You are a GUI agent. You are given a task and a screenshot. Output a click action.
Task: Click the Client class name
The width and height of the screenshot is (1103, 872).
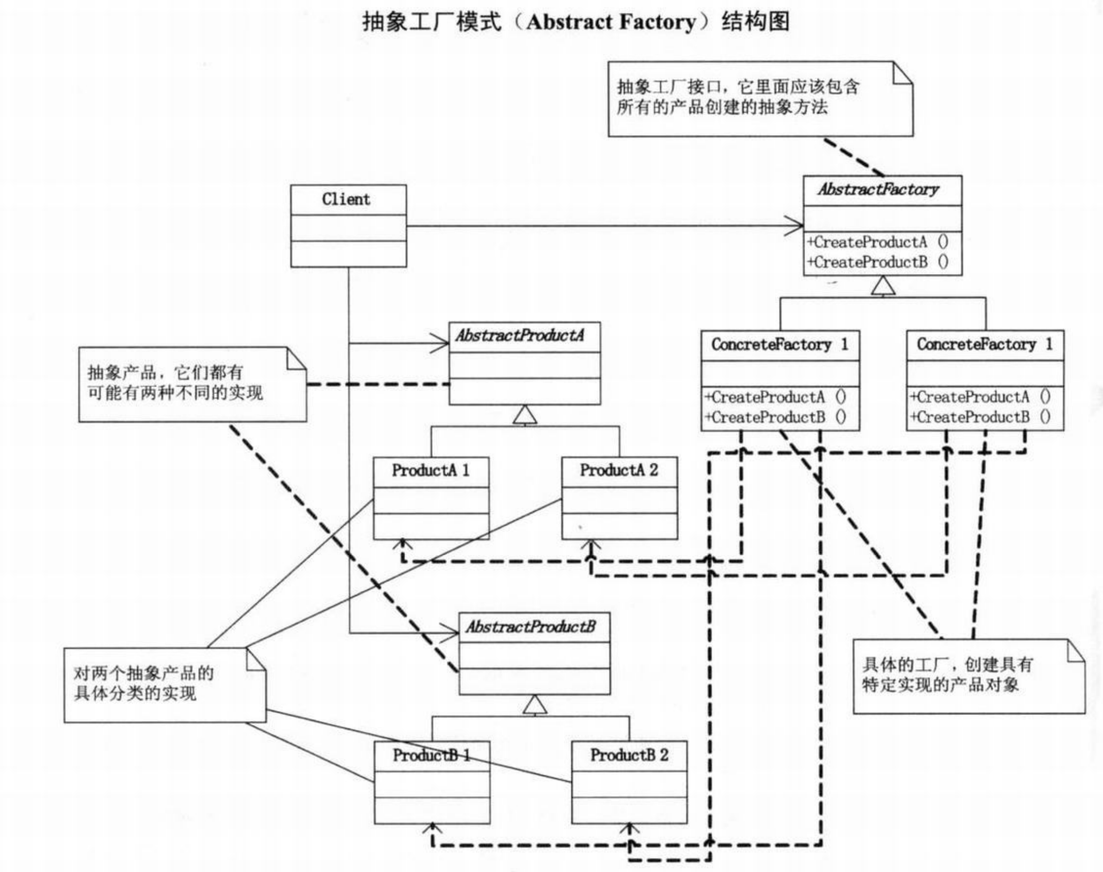pyautogui.click(x=346, y=199)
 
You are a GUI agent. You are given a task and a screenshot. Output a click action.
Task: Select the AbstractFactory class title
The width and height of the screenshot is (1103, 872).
pyautogui.click(x=879, y=190)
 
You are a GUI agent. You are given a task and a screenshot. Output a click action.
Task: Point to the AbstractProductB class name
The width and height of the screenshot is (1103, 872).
pyautogui.click(x=530, y=627)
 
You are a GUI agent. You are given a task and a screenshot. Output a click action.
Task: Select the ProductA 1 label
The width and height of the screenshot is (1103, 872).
pyautogui.click(x=430, y=470)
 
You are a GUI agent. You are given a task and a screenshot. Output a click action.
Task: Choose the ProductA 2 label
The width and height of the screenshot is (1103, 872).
pyautogui.click(x=618, y=470)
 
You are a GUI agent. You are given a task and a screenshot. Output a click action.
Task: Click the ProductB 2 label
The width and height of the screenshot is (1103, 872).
pyautogui.click(x=629, y=755)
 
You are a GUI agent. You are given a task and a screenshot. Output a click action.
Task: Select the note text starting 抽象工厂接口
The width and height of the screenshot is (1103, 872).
pyautogui.click(x=738, y=97)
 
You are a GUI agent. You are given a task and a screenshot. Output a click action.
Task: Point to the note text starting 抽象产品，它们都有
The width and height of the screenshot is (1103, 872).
pyautogui.click(x=175, y=383)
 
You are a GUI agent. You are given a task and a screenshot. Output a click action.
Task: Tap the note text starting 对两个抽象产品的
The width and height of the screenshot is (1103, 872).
pyautogui.click(x=143, y=684)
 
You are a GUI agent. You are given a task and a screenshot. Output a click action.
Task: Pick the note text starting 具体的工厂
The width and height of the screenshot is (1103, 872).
pyautogui.click(x=947, y=674)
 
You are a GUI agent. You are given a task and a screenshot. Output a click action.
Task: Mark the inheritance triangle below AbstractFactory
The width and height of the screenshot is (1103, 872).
pyautogui.click(x=883, y=286)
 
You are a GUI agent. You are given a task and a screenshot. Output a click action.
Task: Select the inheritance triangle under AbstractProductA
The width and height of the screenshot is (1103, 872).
pyautogui.click(x=525, y=415)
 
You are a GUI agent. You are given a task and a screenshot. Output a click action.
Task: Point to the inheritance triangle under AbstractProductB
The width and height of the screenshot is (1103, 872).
pyautogui.click(x=535, y=705)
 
